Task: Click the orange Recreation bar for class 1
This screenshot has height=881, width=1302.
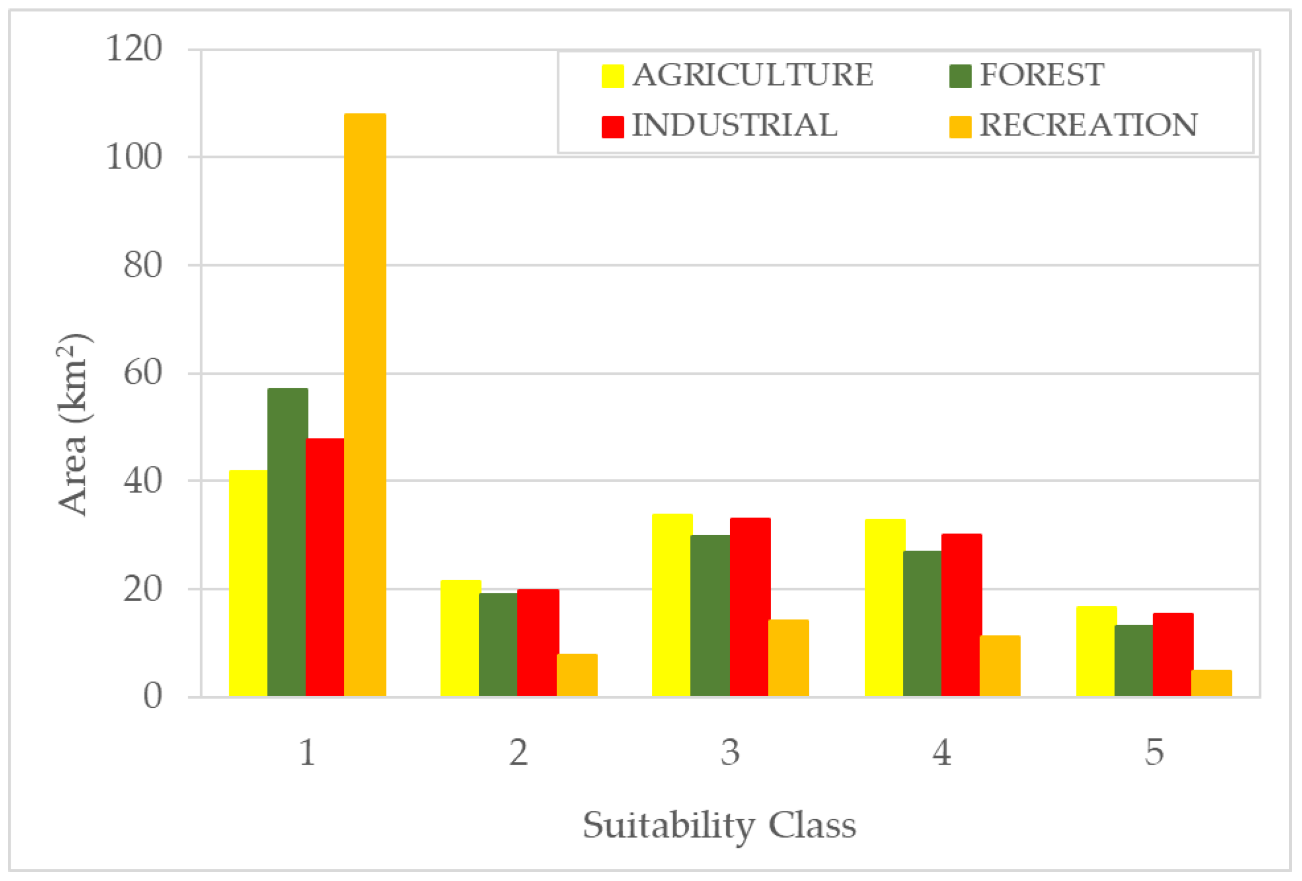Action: tap(365, 405)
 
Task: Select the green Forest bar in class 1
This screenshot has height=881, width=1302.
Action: tap(287, 542)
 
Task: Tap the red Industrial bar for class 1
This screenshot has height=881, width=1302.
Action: tap(324, 567)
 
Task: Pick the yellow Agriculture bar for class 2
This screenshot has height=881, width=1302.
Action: tap(460, 638)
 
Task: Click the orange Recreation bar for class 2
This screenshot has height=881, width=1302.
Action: tap(577, 675)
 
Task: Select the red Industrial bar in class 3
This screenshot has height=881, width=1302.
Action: tap(750, 607)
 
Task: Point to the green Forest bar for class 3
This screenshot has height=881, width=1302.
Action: tap(710, 616)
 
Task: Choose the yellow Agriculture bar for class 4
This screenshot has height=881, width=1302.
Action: tap(884, 608)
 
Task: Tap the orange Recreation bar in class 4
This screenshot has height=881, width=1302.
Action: tap(1000, 666)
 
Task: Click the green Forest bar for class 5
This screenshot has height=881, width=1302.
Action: tap(1133, 661)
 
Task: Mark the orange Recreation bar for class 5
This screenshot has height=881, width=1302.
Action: tap(1211, 683)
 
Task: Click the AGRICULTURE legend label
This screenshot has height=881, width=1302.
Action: tap(752, 75)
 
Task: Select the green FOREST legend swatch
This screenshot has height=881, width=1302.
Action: tap(960, 76)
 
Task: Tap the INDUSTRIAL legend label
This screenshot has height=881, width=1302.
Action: tap(734, 126)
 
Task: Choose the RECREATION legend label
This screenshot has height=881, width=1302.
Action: tap(1088, 126)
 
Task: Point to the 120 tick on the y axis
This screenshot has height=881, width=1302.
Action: tap(134, 49)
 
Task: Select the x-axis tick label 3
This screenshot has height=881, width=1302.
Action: tap(730, 753)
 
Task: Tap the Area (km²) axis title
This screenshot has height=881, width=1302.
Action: tap(74, 425)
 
